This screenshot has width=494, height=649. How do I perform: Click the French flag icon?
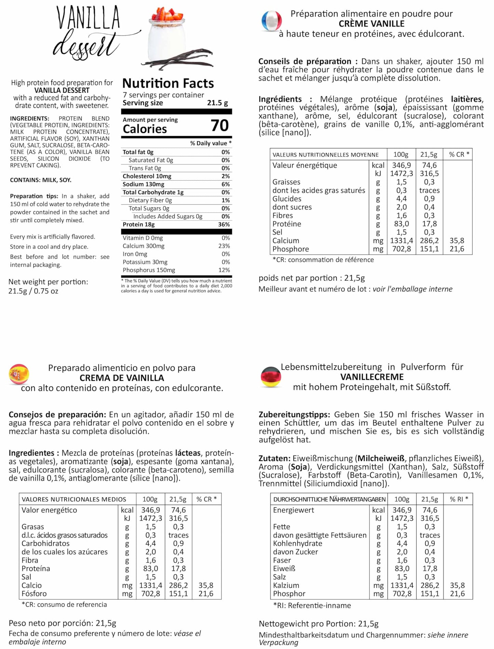[271, 21]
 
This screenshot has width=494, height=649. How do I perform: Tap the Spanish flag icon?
[19, 374]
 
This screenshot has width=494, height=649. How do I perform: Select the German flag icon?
[271, 376]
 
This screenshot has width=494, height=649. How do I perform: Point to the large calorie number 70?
[219, 125]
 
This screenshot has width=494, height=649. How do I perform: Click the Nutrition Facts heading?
[168, 83]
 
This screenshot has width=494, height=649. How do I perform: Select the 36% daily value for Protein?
[224, 224]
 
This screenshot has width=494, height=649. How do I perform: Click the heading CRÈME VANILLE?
[371, 24]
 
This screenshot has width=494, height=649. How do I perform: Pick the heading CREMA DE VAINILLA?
[122, 378]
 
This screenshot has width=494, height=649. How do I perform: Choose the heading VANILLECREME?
[372, 377]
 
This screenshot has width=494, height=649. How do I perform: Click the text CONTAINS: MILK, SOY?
[41, 180]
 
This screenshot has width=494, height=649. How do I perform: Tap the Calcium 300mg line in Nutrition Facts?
[144, 246]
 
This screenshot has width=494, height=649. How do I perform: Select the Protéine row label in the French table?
[286, 224]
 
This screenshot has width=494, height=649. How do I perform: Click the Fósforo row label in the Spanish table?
[34, 594]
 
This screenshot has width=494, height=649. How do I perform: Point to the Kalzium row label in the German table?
[286, 585]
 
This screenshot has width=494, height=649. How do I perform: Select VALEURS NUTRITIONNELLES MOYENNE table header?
[325, 155]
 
